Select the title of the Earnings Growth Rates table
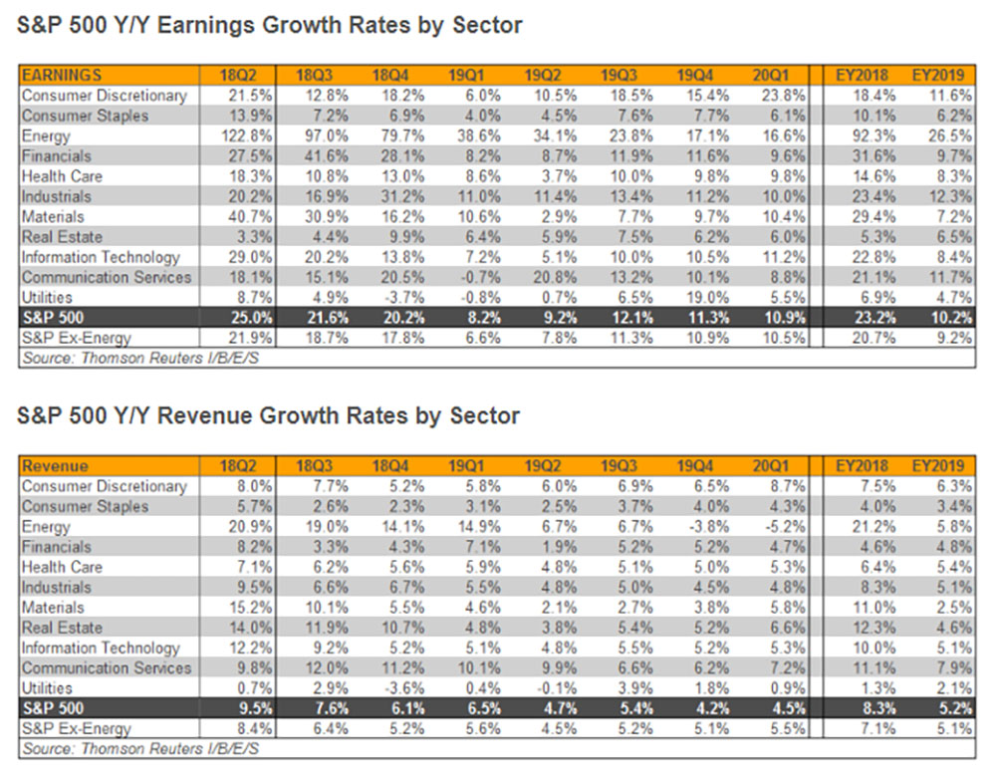270,25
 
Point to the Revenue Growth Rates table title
269,414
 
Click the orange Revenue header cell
55,465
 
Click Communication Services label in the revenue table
105,667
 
